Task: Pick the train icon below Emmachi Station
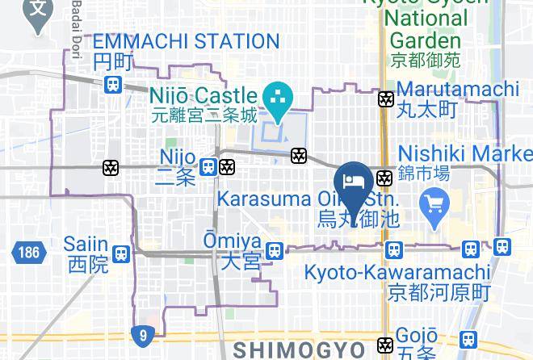(x=113, y=83)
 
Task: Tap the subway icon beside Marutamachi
(x=386, y=99)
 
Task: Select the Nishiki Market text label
(x=464, y=153)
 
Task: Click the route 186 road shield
(x=26, y=253)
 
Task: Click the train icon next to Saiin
(x=121, y=253)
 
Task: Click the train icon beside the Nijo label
(x=208, y=167)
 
